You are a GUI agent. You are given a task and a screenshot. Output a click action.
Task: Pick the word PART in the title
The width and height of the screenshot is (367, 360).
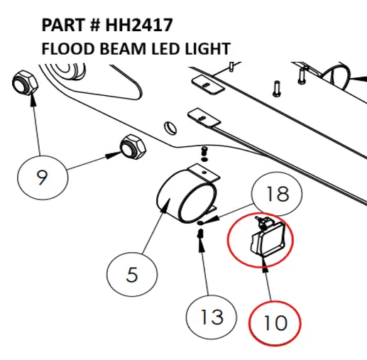pos(62,26)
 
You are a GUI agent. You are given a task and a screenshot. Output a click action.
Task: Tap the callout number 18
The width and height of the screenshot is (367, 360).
pos(277,194)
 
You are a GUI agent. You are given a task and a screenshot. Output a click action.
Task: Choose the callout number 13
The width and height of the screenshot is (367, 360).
pos(212,316)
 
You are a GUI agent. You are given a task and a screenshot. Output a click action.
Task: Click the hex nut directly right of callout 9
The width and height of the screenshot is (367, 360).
pos(132,146)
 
